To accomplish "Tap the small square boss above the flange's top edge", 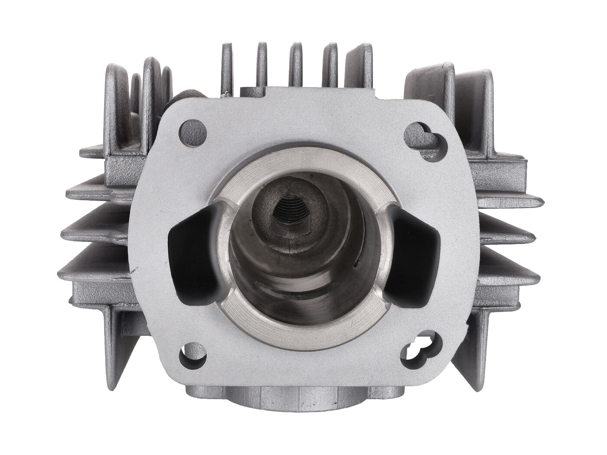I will point(251,91).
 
